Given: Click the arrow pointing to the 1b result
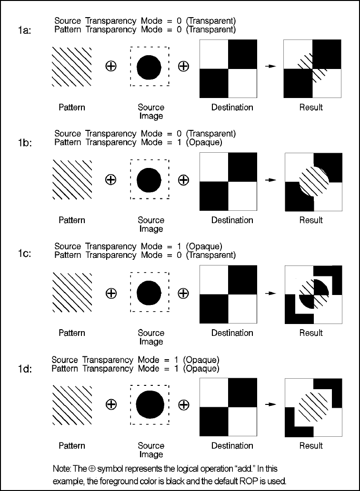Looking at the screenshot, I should [x=270, y=180].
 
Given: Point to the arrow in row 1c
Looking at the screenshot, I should [x=270, y=293].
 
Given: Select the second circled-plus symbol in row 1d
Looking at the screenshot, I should [x=183, y=405].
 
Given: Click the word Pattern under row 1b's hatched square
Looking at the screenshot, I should [x=72, y=220].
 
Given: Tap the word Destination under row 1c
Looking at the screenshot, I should [x=232, y=333].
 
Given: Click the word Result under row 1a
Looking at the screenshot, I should [x=311, y=108].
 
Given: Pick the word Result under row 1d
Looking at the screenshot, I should [x=311, y=446].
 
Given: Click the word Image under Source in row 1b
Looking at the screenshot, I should [x=151, y=229].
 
